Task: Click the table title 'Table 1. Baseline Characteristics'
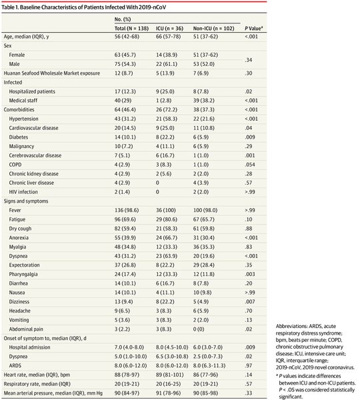click(x=45, y=7)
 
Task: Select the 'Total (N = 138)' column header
click(x=131, y=28)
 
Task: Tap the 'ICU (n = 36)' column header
click(x=169, y=28)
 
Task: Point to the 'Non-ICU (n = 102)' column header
click(x=213, y=28)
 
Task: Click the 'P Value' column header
click(x=253, y=28)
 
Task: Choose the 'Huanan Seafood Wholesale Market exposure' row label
click(x=52, y=73)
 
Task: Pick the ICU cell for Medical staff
click(x=163, y=101)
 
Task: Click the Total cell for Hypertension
click(x=125, y=119)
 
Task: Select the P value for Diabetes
click(x=250, y=137)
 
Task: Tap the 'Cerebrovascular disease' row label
click(x=35, y=155)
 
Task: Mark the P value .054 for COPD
click(x=250, y=165)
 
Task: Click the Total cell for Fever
click(x=127, y=210)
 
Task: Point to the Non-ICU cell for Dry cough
click(x=203, y=229)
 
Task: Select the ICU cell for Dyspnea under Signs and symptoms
click(x=167, y=256)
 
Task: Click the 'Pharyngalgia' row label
click(x=23, y=274)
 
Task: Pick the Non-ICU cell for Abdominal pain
click(x=199, y=329)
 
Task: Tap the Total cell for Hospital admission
click(x=129, y=347)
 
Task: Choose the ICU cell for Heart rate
click(x=170, y=375)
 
